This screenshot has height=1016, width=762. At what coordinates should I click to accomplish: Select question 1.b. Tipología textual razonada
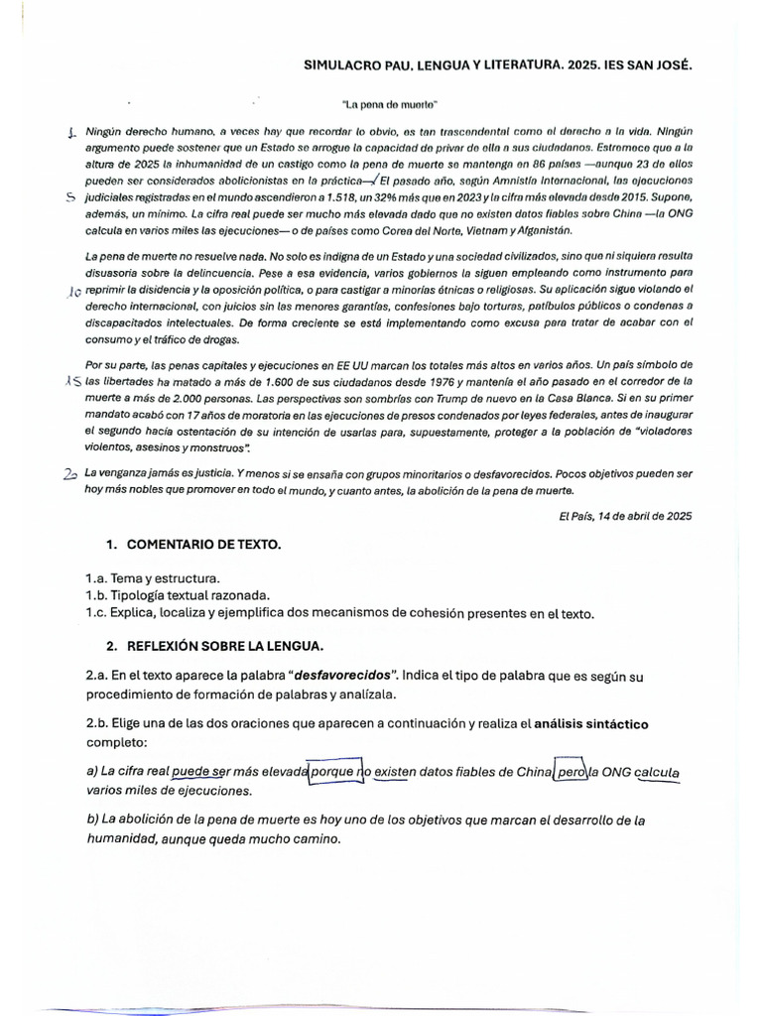click(178, 595)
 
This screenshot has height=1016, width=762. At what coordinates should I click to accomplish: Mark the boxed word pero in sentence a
click(571, 772)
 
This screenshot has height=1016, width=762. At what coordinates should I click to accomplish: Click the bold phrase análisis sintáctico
click(591, 723)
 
